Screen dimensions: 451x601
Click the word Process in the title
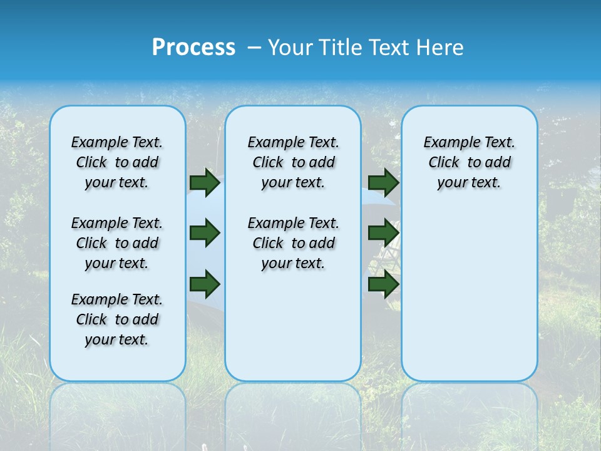pyautogui.click(x=193, y=48)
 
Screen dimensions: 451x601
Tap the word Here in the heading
pyautogui.click(x=442, y=48)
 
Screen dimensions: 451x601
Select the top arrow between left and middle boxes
pyautogui.click(x=205, y=182)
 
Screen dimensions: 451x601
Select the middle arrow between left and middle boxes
pyautogui.click(x=205, y=234)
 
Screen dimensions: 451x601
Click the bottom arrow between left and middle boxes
pyautogui.click(x=205, y=284)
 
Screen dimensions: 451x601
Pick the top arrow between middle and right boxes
pyautogui.click(x=383, y=182)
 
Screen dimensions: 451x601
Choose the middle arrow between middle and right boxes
pyautogui.click(x=383, y=234)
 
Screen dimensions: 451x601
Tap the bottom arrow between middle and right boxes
pyautogui.click(x=383, y=284)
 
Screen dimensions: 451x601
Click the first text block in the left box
pyautogui.click(x=117, y=162)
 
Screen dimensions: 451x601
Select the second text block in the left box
pyautogui.click(x=117, y=243)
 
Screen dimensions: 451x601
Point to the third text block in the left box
pyautogui.click(x=117, y=319)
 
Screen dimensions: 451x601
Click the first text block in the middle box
pyautogui.click(x=293, y=162)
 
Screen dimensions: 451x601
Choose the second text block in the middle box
pyautogui.click(x=293, y=243)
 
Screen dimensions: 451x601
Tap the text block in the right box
pyautogui.click(x=470, y=162)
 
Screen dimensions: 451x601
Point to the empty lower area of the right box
pyautogui.click(x=470, y=294)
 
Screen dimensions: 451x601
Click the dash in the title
pyautogui.click(x=254, y=48)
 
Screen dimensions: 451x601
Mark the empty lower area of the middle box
pyautogui.click(x=293, y=326)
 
